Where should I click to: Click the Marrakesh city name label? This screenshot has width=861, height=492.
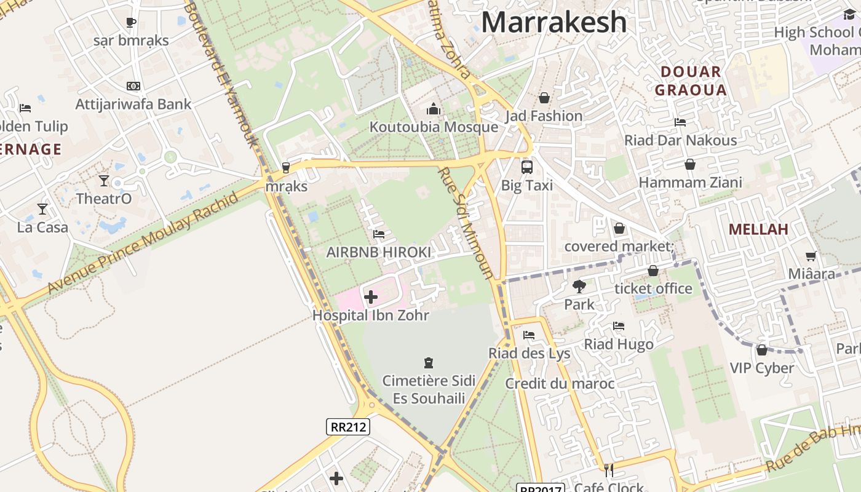tap(553, 22)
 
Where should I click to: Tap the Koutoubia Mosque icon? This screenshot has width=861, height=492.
tap(434, 109)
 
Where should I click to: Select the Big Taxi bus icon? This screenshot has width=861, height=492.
tap(527, 167)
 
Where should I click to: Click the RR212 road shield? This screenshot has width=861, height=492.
tap(347, 427)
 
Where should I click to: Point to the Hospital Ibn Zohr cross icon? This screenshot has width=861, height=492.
tap(371, 298)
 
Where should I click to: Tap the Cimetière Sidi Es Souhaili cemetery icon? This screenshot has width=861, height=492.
tap(429, 363)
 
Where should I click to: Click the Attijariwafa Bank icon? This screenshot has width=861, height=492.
tap(133, 86)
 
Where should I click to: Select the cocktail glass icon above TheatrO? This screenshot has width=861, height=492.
tap(104, 181)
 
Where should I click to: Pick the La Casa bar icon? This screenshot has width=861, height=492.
tap(42, 209)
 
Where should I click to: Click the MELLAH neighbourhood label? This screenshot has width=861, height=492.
tap(758, 230)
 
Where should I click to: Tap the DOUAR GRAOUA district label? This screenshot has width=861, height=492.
tap(691, 81)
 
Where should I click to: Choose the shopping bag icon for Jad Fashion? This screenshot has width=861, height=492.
tap(544, 98)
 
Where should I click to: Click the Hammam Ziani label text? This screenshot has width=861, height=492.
tap(690, 183)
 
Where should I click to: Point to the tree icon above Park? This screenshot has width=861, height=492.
tap(579, 286)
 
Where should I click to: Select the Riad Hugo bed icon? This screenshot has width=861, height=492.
tap(619, 326)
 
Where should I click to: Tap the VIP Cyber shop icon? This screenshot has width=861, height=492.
tap(762, 350)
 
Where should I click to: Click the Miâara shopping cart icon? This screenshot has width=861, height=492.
tap(811, 256)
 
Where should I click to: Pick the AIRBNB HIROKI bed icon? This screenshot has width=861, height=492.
tap(379, 234)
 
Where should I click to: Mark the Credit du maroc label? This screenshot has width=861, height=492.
tap(560, 384)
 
